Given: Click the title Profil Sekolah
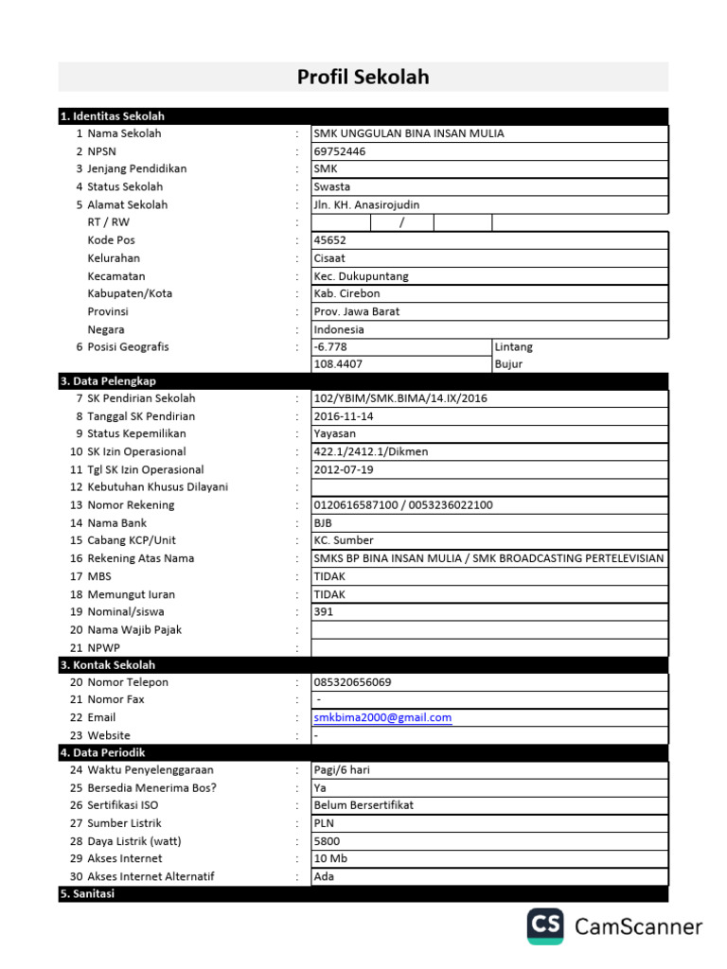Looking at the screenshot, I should (363, 78).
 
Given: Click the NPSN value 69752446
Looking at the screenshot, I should (340, 151).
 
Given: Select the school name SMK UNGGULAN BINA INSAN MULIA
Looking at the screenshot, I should (409, 133).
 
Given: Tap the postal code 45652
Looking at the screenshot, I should (330, 240).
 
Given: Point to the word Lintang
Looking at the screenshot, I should (514, 347).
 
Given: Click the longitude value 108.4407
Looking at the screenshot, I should (338, 364).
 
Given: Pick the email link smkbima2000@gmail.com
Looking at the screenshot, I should (382, 718).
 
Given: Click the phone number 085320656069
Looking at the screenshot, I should (352, 682).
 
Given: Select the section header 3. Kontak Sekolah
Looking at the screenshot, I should (108, 665).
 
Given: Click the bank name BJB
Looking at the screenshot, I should (324, 523).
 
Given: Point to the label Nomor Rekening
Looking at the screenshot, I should (132, 505).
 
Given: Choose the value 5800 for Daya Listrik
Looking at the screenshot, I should (327, 841).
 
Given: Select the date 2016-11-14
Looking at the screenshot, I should (345, 416).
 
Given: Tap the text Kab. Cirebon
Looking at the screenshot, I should (346, 293).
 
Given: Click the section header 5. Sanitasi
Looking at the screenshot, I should (87, 894).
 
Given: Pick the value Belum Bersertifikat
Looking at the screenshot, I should (363, 805).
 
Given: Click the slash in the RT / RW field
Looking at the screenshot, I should (401, 223).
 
